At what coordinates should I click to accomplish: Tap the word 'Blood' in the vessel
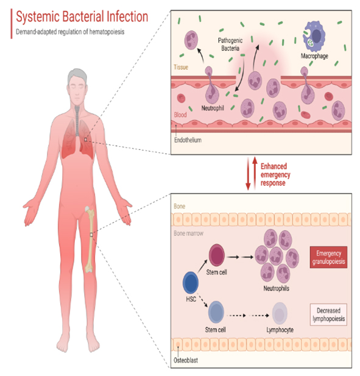click(182, 114)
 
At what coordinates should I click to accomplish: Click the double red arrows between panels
click(247, 174)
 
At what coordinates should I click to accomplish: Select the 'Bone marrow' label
click(190, 233)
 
